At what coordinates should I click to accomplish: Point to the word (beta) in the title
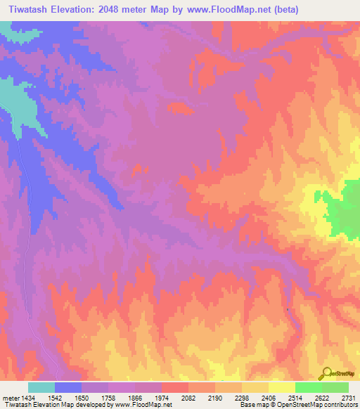pos(283,10)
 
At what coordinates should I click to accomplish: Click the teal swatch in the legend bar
pos(41,387)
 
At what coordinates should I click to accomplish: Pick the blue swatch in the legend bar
pos(68,387)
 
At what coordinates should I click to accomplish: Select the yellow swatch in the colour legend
pos(282,387)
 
